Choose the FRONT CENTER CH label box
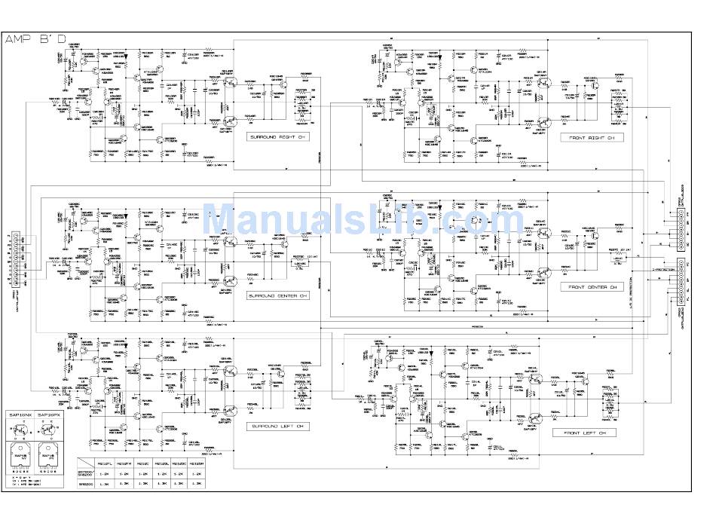pyautogui.click(x=592, y=287)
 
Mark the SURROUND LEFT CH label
pyautogui.click(x=278, y=427)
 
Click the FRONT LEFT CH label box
pyautogui.click(x=585, y=433)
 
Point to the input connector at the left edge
pyautogui.click(x=11, y=260)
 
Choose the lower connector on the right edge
pyautogui.click(x=681, y=283)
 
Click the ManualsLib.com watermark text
pyautogui.click(x=363, y=221)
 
